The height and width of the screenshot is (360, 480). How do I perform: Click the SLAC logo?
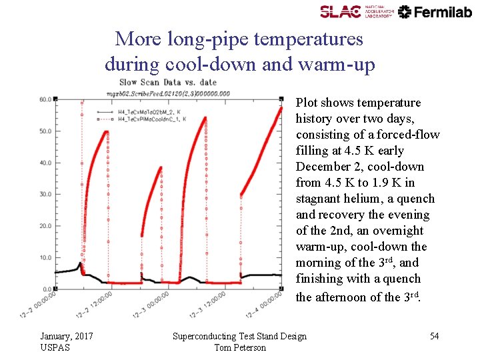click(x=349, y=11)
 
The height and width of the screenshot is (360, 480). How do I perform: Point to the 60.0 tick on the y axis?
click(x=45, y=99)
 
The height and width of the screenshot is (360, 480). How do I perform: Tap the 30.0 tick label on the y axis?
click(x=45, y=194)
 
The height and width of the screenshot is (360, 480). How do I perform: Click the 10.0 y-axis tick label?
click(x=45, y=257)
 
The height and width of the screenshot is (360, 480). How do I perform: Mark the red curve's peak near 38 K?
click(x=161, y=168)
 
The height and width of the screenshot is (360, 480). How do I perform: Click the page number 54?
click(x=434, y=336)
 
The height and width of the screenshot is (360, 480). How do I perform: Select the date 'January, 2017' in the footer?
click(x=66, y=336)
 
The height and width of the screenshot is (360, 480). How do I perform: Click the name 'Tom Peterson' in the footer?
click(x=239, y=347)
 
